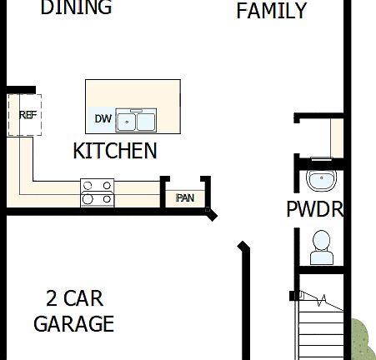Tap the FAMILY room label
[x=272, y=11]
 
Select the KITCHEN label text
[x=115, y=151]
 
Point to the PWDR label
[x=315, y=209]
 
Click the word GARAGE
[x=73, y=323]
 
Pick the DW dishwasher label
[x=103, y=119]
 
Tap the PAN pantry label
[x=185, y=197]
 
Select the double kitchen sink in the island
[x=136, y=121]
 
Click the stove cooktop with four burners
[x=97, y=192]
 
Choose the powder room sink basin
[x=319, y=180]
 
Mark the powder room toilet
[x=320, y=244]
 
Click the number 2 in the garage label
[x=52, y=298]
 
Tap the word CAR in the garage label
[x=85, y=298]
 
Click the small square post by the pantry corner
[x=208, y=212]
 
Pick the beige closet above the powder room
[x=337, y=137]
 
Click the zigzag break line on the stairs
[x=321, y=300]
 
